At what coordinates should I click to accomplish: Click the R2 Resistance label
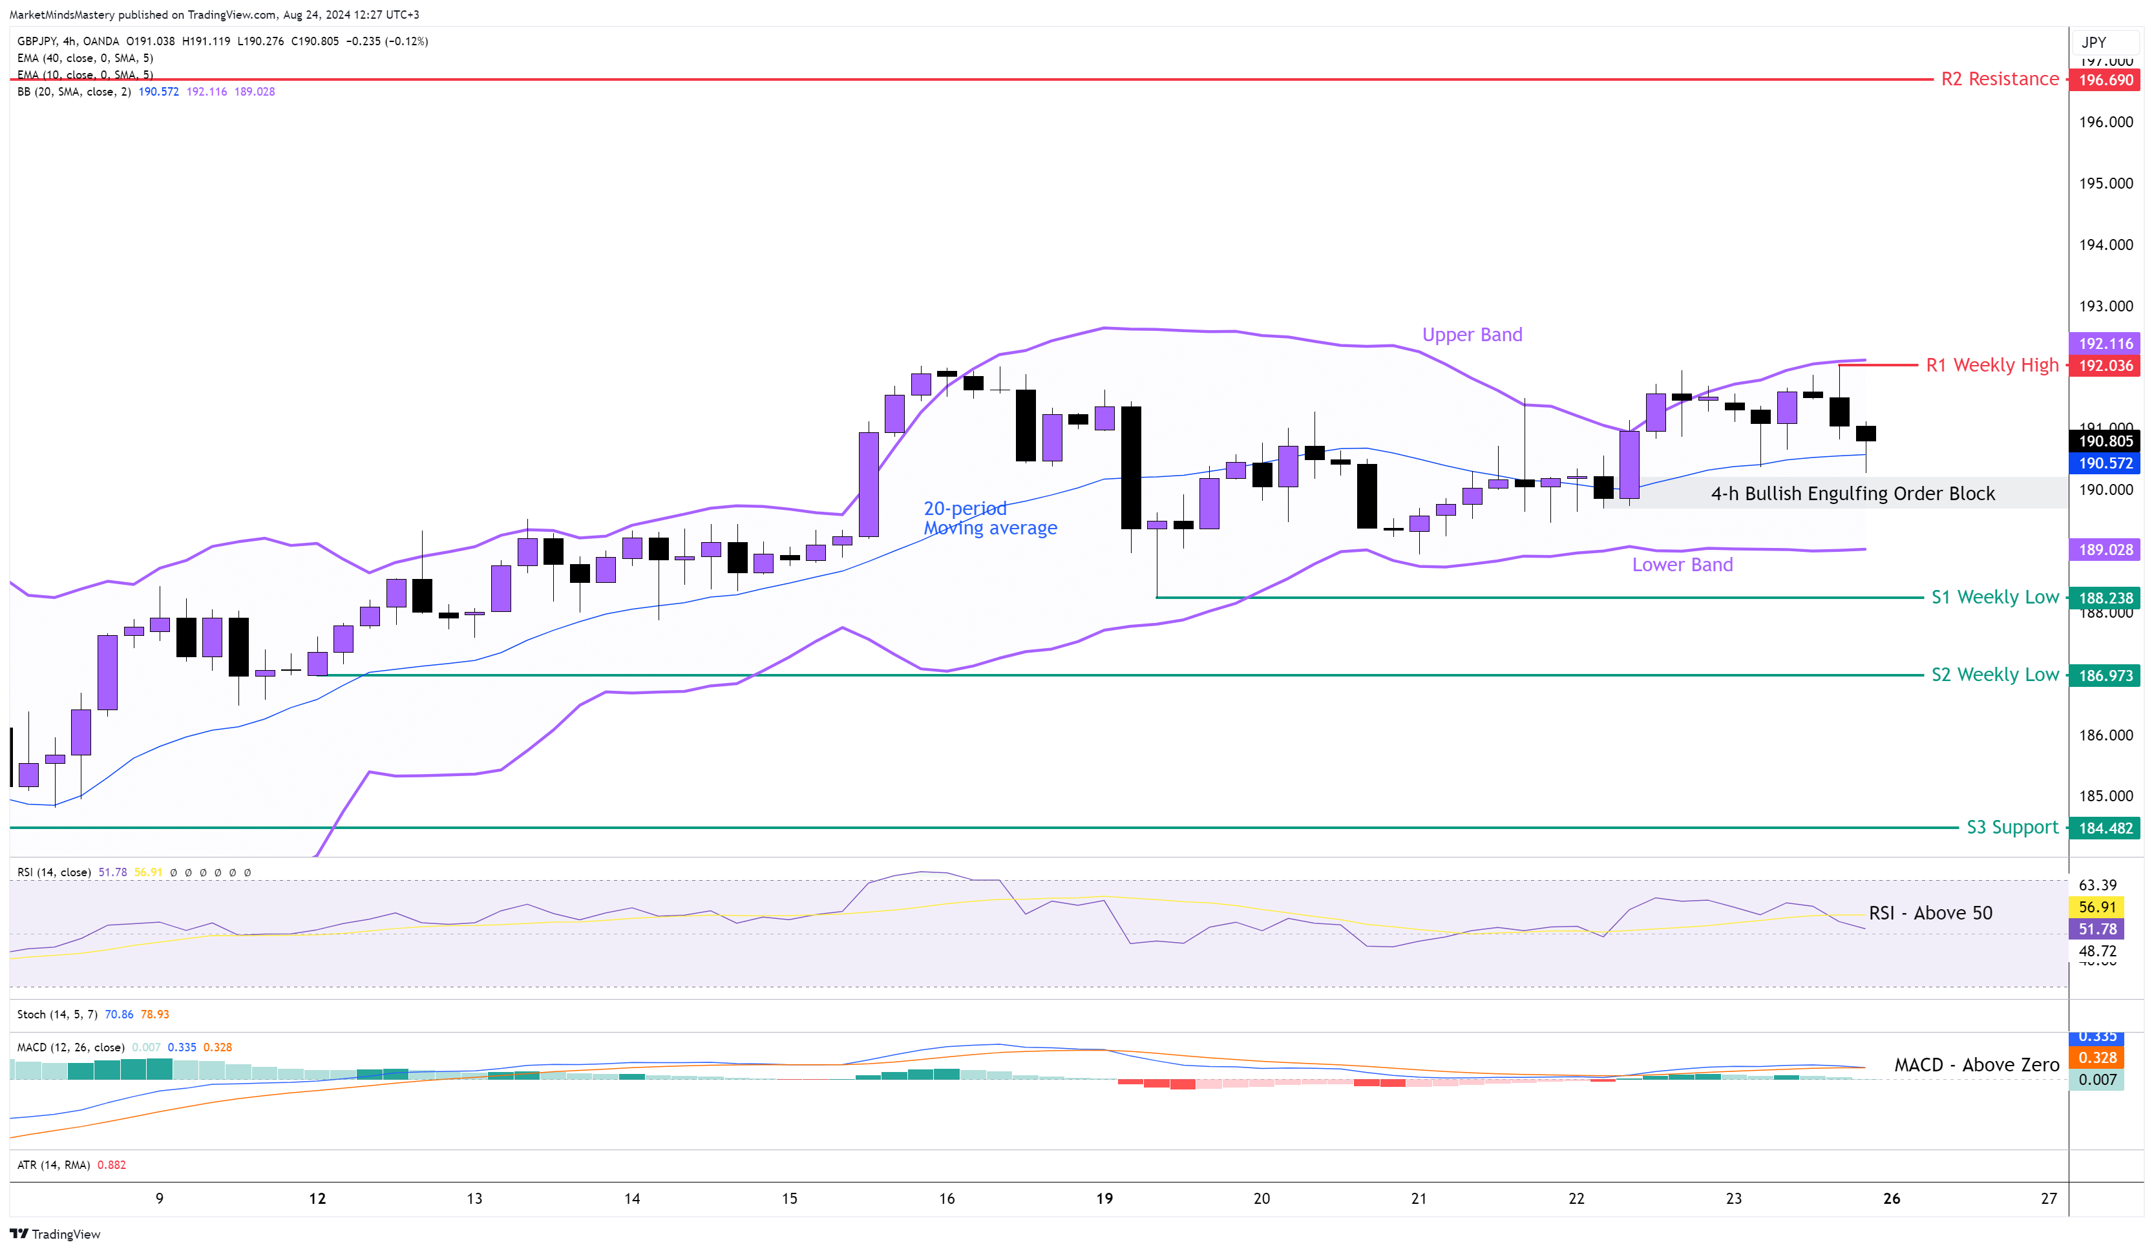click(x=2000, y=79)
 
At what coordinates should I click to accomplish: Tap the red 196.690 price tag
click(x=2106, y=80)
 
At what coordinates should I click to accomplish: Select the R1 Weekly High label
click(x=1992, y=366)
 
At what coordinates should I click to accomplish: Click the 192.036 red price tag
click(x=2106, y=366)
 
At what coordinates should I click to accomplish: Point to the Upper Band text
click(x=1472, y=335)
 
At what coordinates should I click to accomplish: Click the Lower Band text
click(x=1682, y=565)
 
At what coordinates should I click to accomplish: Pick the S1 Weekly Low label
click(x=1995, y=597)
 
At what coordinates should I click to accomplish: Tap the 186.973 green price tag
click(x=2106, y=676)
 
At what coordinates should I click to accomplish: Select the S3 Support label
click(x=2012, y=827)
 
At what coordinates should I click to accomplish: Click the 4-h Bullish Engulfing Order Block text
click(x=1852, y=494)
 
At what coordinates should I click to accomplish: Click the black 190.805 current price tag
click(x=2106, y=441)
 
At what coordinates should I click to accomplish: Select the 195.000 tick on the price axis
click(x=2106, y=184)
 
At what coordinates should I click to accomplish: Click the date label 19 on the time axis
click(x=1104, y=1198)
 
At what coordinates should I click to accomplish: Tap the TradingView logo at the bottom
click(x=55, y=1234)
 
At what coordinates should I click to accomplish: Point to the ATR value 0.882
click(x=111, y=1164)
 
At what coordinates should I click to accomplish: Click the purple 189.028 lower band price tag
click(x=2106, y=549)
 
